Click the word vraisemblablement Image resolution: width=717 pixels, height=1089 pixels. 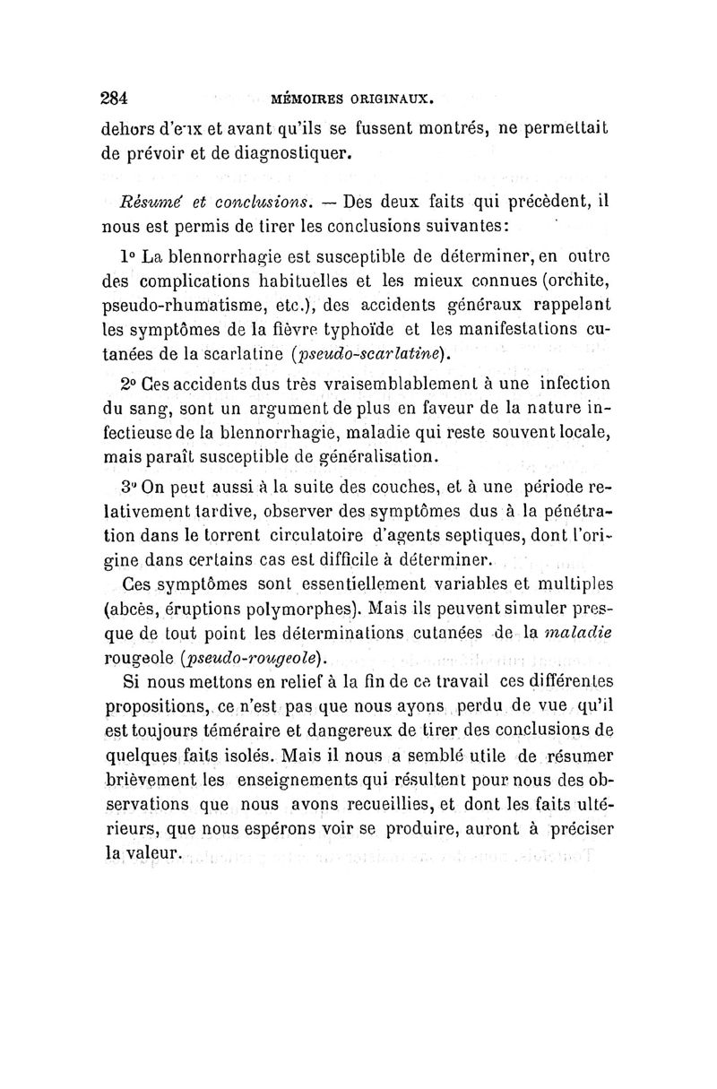[373, 383]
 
